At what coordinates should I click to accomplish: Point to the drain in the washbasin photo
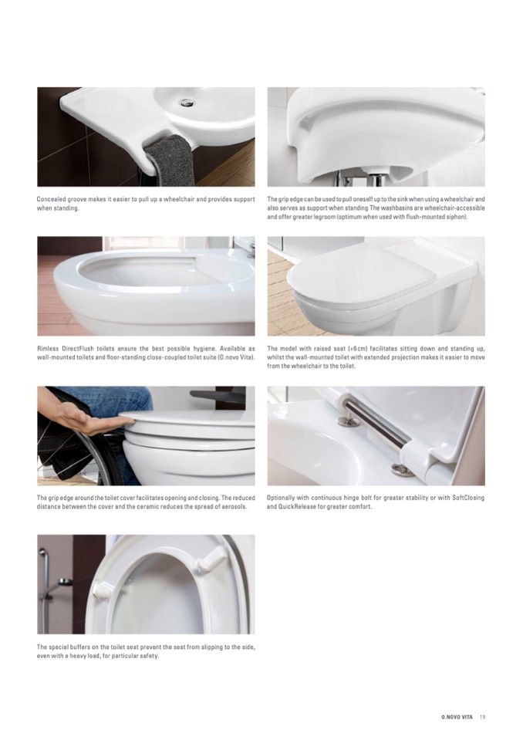pyautogui.click(x=187, y=101)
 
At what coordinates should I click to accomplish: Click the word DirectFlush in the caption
pyautogui.click(x=78, y=349)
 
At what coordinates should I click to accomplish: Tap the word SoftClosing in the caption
pyautogui.click(x=468, y=498)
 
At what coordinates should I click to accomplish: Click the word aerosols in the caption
pyautogui.click(x=234, y=507)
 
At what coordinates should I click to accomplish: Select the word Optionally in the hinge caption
pyautogui.click(x=281, y=498)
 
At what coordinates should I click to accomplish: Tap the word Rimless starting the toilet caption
pyautogui.click(x=48, y=349)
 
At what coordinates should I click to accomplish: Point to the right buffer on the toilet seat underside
pyautogui.click(x=211, y=561)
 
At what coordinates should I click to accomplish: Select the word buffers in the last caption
pyautogui.click(x=83, y=647)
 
